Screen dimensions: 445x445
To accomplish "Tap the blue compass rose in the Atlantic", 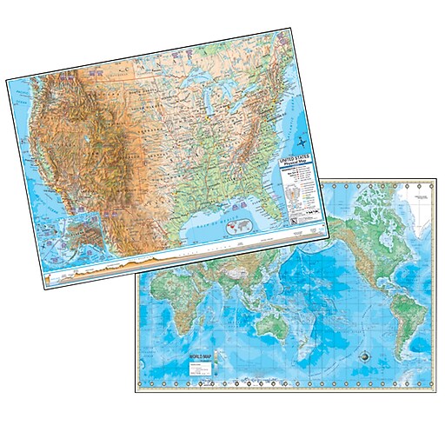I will tap(301, 140).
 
